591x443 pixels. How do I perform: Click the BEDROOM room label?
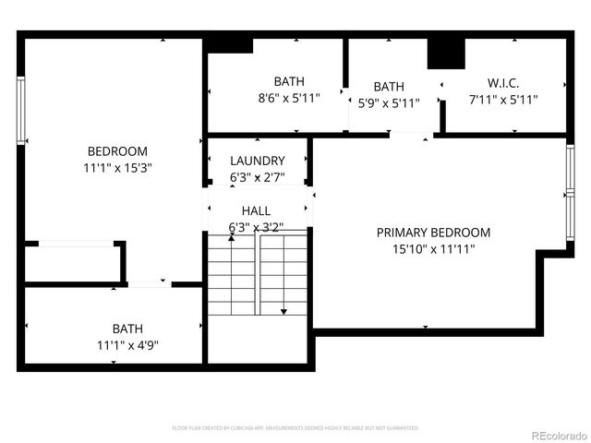coord(117,151)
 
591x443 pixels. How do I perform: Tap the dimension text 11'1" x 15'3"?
coord(117,168)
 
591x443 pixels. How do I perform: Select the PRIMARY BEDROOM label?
coord(433,233)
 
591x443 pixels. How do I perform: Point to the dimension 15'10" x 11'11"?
coord(433,249)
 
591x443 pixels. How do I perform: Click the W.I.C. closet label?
coord(503,83)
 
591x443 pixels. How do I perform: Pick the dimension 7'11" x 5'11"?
coord(503,100)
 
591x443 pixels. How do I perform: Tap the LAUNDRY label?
coord(258,161)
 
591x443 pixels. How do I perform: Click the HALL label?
coord(256,210)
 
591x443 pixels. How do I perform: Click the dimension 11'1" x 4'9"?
coord(127,345)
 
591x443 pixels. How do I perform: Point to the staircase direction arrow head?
coord(283,311)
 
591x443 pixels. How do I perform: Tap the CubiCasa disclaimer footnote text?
coord(295,428)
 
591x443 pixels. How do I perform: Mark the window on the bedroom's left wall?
coord(20,111)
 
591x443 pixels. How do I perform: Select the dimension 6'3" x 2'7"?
coord(258,177)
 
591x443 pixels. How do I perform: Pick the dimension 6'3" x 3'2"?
coord(256,227)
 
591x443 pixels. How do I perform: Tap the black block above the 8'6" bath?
coord(229,45)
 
